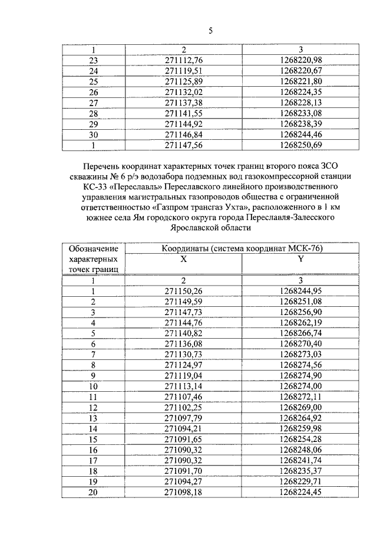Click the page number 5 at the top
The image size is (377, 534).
coord(210,31)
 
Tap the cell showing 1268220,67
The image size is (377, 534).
coord(301,71)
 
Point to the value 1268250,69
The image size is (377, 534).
coord(301,145)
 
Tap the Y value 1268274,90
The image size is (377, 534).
coord(301,375)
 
